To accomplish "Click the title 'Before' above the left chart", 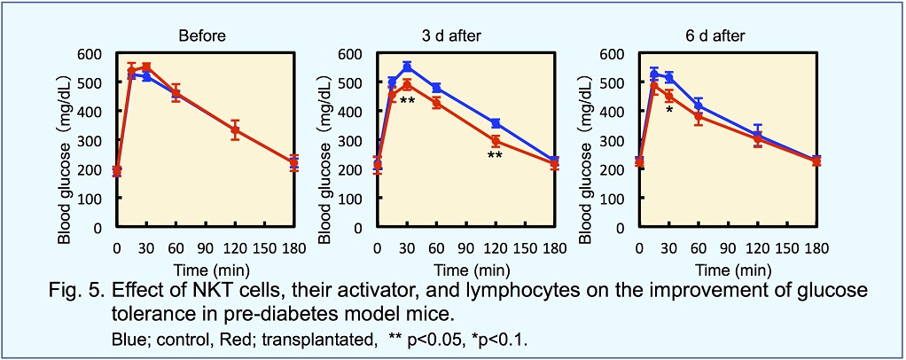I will point(201,36).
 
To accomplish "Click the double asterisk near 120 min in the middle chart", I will point(495,156).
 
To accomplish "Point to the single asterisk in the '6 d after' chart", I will point(669,111).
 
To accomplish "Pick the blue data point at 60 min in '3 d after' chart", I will point(436,88).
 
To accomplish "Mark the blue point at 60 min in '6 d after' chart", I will point(699,106).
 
